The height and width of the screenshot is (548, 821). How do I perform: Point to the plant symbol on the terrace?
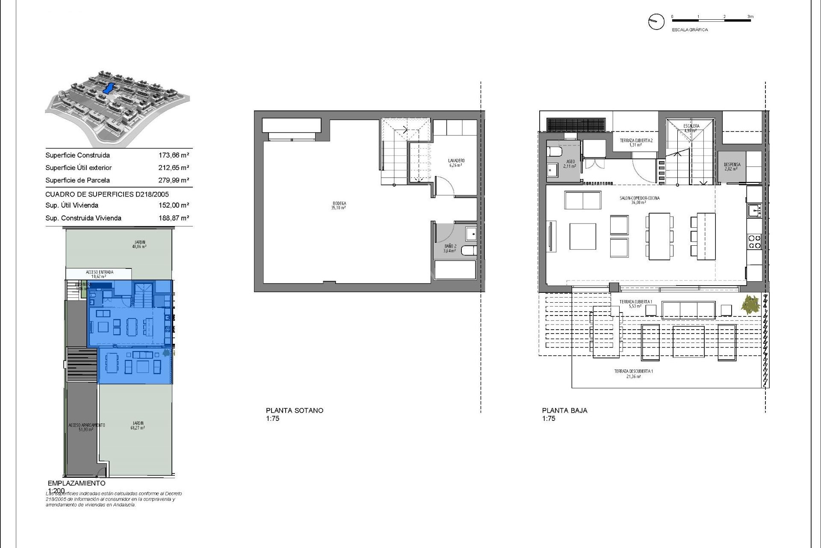[x=751, y=305]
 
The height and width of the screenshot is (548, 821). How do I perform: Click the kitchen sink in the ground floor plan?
[x=754, y=210]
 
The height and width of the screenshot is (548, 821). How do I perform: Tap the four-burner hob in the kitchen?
[x=754, y=242]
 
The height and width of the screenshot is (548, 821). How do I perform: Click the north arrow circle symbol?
[x=656, y=21]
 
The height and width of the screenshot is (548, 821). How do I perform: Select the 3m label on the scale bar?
[x=750, y=17]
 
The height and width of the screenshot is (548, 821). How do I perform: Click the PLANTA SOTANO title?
[x=294, y=410]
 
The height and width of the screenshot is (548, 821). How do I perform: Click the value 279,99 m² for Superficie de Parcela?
[x=174, y=180]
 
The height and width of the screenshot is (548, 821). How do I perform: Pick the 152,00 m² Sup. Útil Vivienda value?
[x=174, y=205]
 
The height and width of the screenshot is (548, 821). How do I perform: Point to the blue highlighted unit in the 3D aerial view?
[x=109, y=88]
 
